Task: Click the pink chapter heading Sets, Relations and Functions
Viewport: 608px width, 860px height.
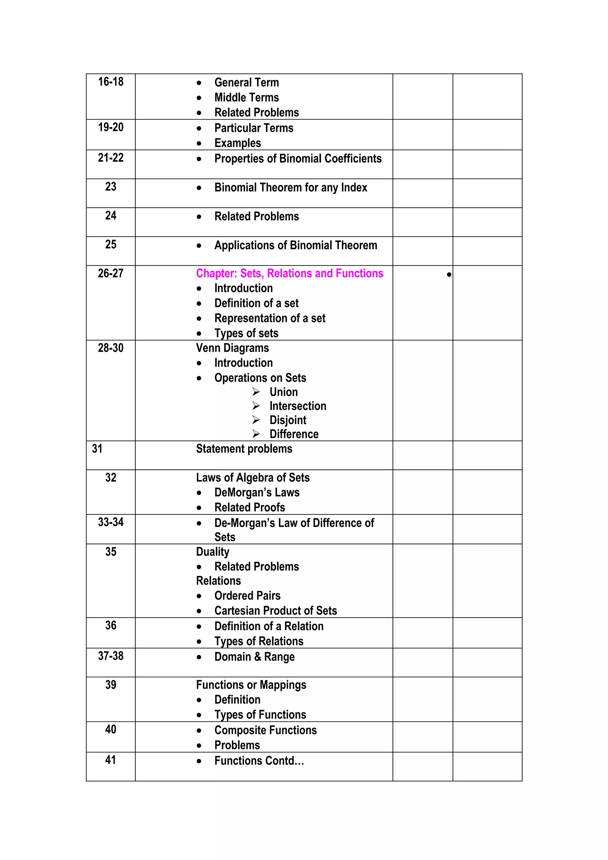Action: point(289,273)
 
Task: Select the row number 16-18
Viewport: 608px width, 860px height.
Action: point(110,82)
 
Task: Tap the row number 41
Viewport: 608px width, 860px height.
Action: point(110,760)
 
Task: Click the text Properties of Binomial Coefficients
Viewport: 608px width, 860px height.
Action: point(298,158)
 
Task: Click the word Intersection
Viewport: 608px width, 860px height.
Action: point(298,406)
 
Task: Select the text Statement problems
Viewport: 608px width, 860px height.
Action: point(244,449)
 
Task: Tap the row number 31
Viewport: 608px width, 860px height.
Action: point(97,449)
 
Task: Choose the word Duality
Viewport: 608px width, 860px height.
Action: point(212,552)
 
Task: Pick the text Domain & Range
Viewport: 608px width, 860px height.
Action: point(254,657)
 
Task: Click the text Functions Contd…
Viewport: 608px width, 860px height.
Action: point(259,761)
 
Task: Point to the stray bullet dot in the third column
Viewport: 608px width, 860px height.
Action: point(449,274)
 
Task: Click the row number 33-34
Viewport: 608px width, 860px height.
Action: point(110,522)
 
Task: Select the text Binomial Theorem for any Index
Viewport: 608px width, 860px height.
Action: point(291,187)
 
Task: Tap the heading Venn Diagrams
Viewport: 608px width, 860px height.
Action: point(232,348)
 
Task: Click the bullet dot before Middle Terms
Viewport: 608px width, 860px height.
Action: point(199,98)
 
